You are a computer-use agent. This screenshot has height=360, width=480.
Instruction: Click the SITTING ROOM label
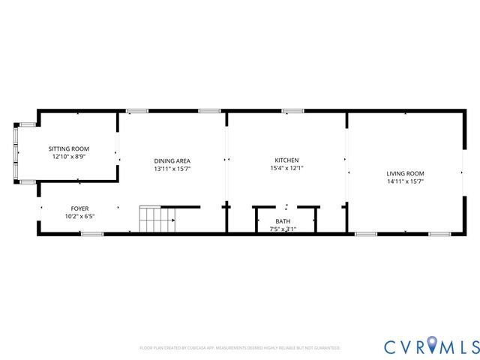pyautogui.click(x=69, y=148)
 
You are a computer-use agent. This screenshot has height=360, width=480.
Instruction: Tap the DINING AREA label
pyautogui.click(x=172, y=160)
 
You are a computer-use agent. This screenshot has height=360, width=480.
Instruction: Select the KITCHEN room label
pyautogui.click(x=286, y=160)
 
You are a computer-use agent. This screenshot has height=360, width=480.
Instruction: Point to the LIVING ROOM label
pyautogui.click(x=405, y=172)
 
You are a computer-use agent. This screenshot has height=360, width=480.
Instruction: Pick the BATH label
pyautogui.click(x=283, y=220)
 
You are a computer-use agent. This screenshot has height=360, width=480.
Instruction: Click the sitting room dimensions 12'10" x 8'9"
pyautogui.click(x=69, y=157)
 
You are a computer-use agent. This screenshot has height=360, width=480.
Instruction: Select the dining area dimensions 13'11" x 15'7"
pyautogui.click(x=172, y=169)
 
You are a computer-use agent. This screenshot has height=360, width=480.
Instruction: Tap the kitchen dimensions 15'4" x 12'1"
pyautogui.click(x=286, y=169)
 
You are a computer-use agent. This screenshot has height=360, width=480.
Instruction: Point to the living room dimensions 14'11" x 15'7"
pyautogui.click(x=405, y=181)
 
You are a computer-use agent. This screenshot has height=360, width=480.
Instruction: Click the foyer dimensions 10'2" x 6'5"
pyautogui.click(x=79, y=217)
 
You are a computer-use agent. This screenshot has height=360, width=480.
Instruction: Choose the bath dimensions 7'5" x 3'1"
pyautogui.click(x=283, y=229)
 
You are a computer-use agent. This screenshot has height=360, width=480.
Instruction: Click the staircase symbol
pyautogui.click(x=157, y=219)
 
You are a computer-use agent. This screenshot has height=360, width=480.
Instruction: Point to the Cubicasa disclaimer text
pyautogui.click(x=240, y=348)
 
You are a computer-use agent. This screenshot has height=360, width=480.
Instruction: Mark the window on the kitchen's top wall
pyautogui.click(x=292, y=111)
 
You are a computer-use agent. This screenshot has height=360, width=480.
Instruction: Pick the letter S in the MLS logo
pyautogui.click(x=472, y=346)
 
